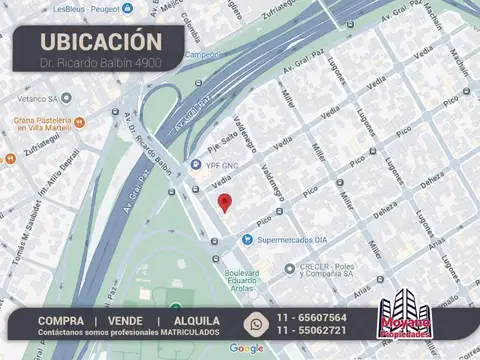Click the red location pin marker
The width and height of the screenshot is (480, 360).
coord(225,203)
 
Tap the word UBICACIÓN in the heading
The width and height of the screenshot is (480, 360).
coord(100,42)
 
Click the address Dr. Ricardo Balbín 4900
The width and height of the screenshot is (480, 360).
coord(100,63)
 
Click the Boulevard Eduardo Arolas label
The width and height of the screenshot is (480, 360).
coord(241,281)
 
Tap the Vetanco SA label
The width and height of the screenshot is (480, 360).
coord(37,98)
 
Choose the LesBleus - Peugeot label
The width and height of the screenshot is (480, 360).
coord(85,8)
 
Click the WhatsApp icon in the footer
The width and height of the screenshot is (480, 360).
coord(257,323)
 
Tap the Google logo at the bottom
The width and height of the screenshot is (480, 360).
coord(246,349)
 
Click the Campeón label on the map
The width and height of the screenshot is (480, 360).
coord(204,55)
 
